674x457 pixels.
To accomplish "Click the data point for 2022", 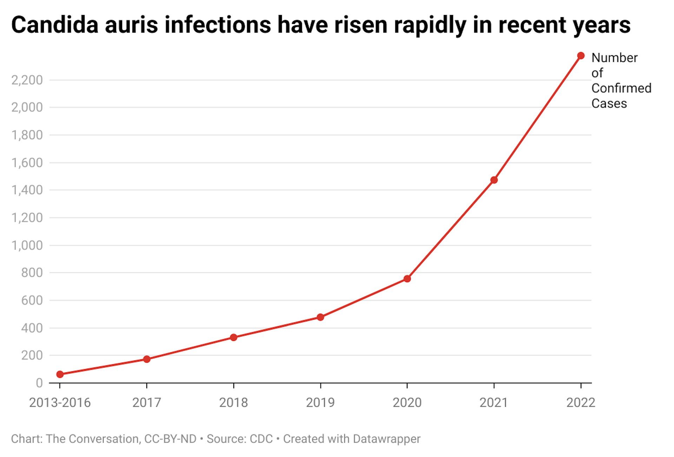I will (581, 56).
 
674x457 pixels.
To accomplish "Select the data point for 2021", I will (494, 180).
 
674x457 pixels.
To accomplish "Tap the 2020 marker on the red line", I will (407, 279).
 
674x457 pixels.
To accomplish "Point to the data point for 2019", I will (320, 317).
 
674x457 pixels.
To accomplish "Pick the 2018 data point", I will (233, 338).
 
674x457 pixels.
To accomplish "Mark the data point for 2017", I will (147, 359).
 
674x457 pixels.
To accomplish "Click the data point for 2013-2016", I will (60, 374).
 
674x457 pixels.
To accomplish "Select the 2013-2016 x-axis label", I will (60, 403).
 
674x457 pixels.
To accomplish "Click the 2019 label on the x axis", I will (320, 403).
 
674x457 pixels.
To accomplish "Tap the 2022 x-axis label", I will (581, 403).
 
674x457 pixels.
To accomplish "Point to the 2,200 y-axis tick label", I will (27, 80).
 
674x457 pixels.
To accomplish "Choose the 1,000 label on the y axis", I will (27, 245).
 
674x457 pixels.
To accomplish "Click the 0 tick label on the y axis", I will (39, 383).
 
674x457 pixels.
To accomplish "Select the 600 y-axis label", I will (32, 300).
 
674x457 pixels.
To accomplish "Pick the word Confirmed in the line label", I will (621, 88).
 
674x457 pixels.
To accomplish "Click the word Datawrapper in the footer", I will (386, 439).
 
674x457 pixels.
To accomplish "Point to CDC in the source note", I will (261, 439).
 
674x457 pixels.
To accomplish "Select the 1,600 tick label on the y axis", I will (27, 163).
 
